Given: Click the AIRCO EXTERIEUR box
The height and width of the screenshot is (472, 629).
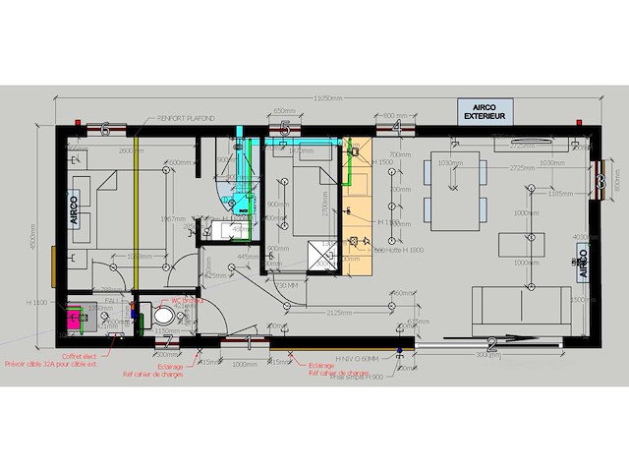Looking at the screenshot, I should tap(485, 111).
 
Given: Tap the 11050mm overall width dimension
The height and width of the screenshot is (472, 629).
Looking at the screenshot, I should tap(328, 98).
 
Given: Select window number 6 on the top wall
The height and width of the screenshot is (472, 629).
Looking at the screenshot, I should tap(104, 128).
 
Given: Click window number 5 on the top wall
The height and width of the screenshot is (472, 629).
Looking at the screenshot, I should tap(285, 128).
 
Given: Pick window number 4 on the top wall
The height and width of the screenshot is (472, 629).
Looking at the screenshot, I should tap(395, 128).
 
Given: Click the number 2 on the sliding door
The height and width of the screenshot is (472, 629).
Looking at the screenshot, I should tap(489, 343).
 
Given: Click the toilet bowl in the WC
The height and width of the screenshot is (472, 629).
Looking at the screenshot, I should tap(163, 318).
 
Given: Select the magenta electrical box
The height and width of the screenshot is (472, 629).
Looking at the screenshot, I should tap(75, 318).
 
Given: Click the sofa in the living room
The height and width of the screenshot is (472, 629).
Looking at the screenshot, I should tap(518, 308).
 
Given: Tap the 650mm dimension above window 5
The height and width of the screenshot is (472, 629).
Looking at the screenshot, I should tap(284, 110).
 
